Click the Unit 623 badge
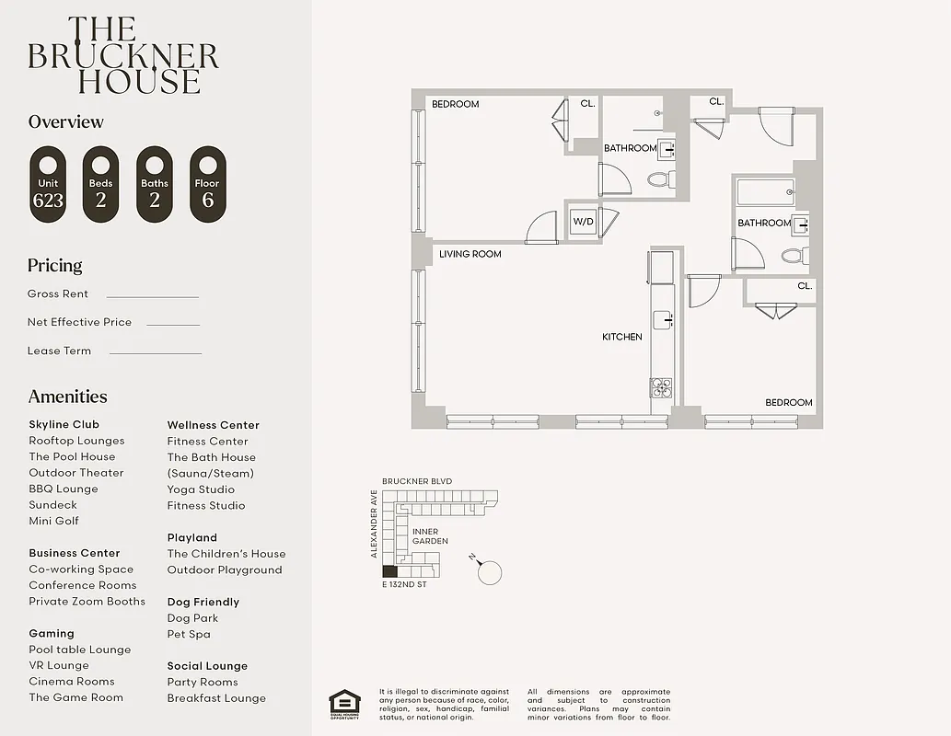[x=48, y=184]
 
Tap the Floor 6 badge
[x=207, y=184]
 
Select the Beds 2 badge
[x=101, y=184]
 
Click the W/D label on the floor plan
[x=583, y=222]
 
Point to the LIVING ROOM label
[x=470, y=254]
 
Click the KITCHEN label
[x=622, y=337]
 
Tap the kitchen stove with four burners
[x=661, y=385]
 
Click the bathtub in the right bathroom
[x=765, y=193]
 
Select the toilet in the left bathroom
[x=660, y=178]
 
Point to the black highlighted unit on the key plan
[x=389, y=571]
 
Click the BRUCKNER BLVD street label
[x=417, y=481]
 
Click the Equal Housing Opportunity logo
[x=344, y=704]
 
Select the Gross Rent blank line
[x=152, y=296]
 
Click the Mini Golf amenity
[x=53, y=521]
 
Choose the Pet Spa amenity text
[x=189, y=634]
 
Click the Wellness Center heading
[x=213, y=425]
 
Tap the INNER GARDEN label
[x=430, y=536]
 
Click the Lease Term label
[x=59, y=351]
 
